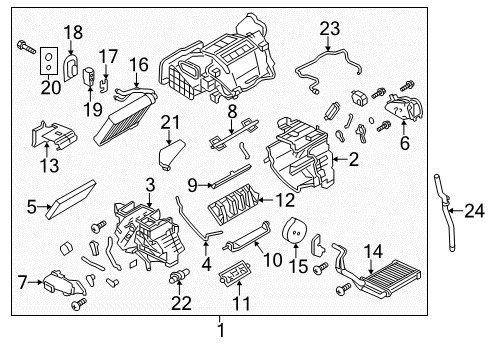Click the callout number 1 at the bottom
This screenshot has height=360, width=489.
click(x=221, y=329)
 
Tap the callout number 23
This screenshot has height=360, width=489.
click(x=329, y=27)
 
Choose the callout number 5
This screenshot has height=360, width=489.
click(x=405, y=144)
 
